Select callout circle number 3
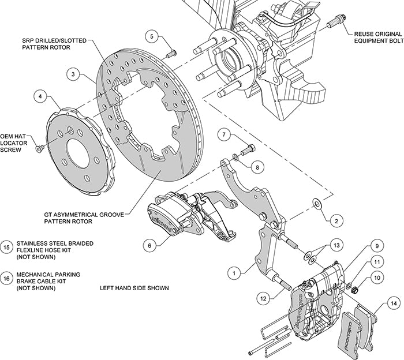(x=72, y=74)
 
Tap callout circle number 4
(x=40, y=97)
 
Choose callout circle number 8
(x=257, y=166)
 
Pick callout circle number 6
(x=149, y=245)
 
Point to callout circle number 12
(x=263, y=298)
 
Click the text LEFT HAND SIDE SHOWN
(x=134, y=288)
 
